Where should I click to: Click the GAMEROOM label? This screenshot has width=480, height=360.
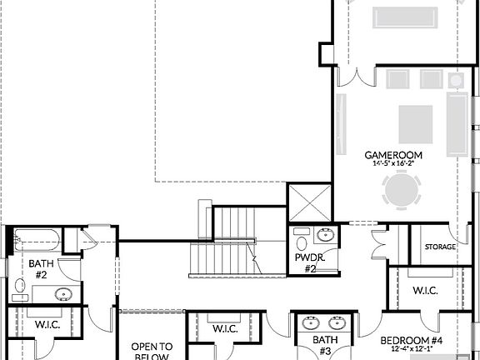(393, 155)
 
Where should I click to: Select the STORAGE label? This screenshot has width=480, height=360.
(440, 247)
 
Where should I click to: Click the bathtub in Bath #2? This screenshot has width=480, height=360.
(36, 240)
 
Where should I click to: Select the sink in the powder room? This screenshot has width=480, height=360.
(326, 235)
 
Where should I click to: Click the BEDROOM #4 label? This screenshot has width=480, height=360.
(412, 340)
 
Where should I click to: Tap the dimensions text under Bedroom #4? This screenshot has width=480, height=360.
(412, 350)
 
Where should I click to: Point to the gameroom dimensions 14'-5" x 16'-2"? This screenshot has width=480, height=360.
(393, 164)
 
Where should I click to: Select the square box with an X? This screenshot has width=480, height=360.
(309, 202)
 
